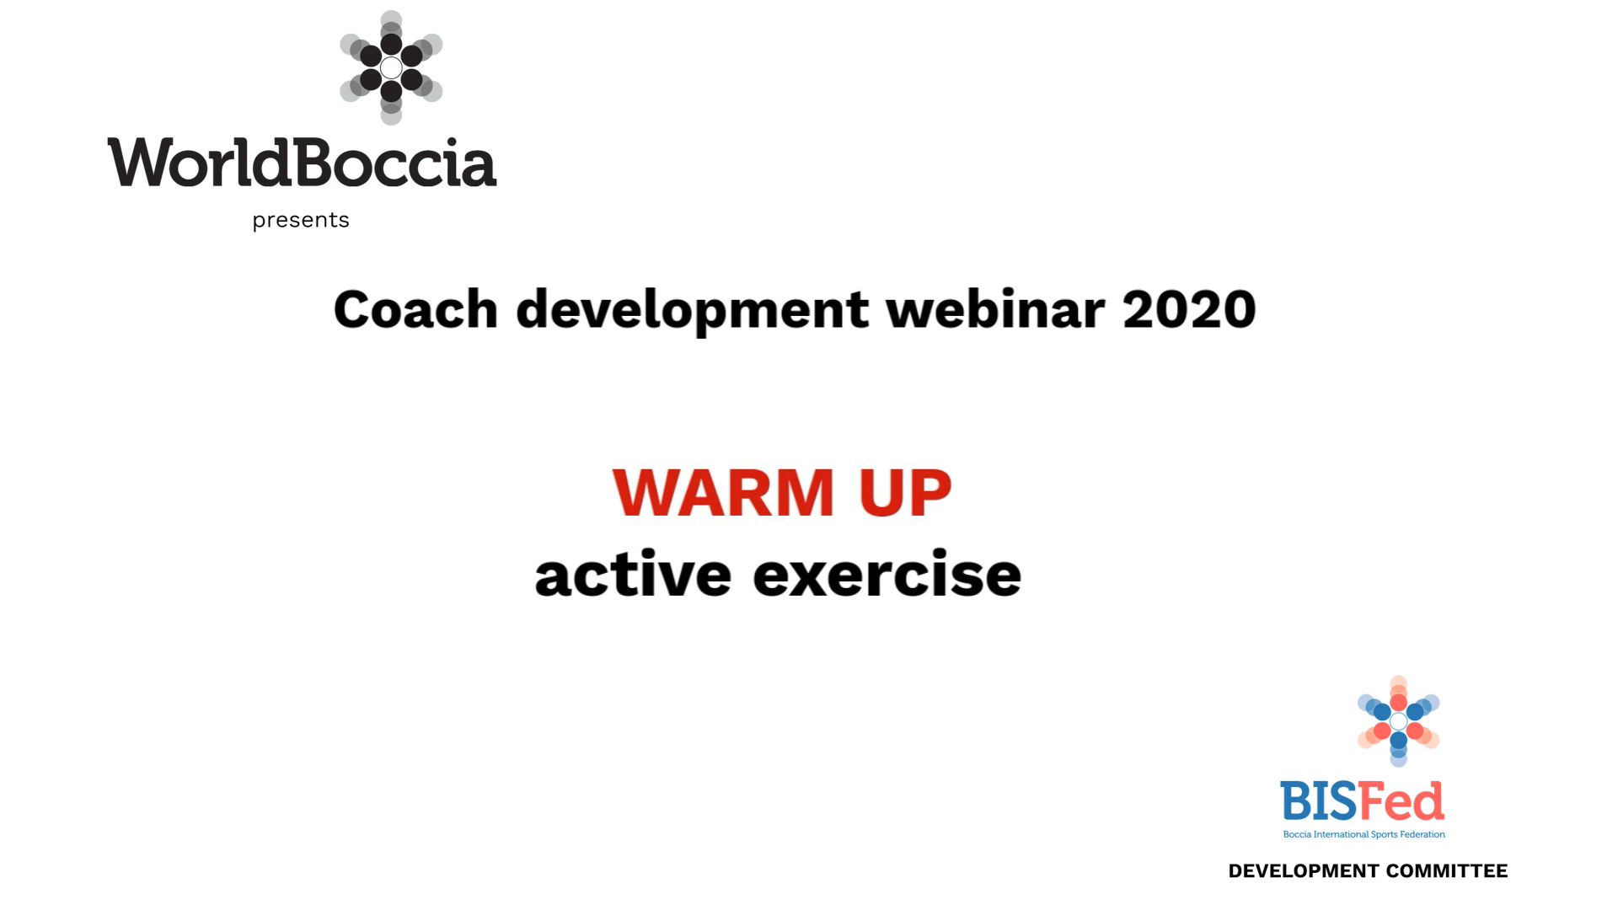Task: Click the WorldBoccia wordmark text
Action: [x=302, y=163]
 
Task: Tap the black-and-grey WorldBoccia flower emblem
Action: [x=391, y=67]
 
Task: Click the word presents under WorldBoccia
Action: [x=301, y=220]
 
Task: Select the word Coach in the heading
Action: [x=415, y=309]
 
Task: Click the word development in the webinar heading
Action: [x=691, y=311]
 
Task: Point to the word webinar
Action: [x=994, y=309]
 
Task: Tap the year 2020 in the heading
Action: [x=1188, y=309]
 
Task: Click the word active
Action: [x=633, y=575]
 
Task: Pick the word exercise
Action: [x=887, y=575]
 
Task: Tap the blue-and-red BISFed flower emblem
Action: [x=1398, y=721]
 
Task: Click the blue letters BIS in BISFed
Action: [x=1319, y=801]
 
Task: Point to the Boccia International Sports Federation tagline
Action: [x=1364, y=835]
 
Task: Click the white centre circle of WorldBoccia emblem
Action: [x=391, y=67]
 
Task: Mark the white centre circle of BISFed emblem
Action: [x=1398, y=721]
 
